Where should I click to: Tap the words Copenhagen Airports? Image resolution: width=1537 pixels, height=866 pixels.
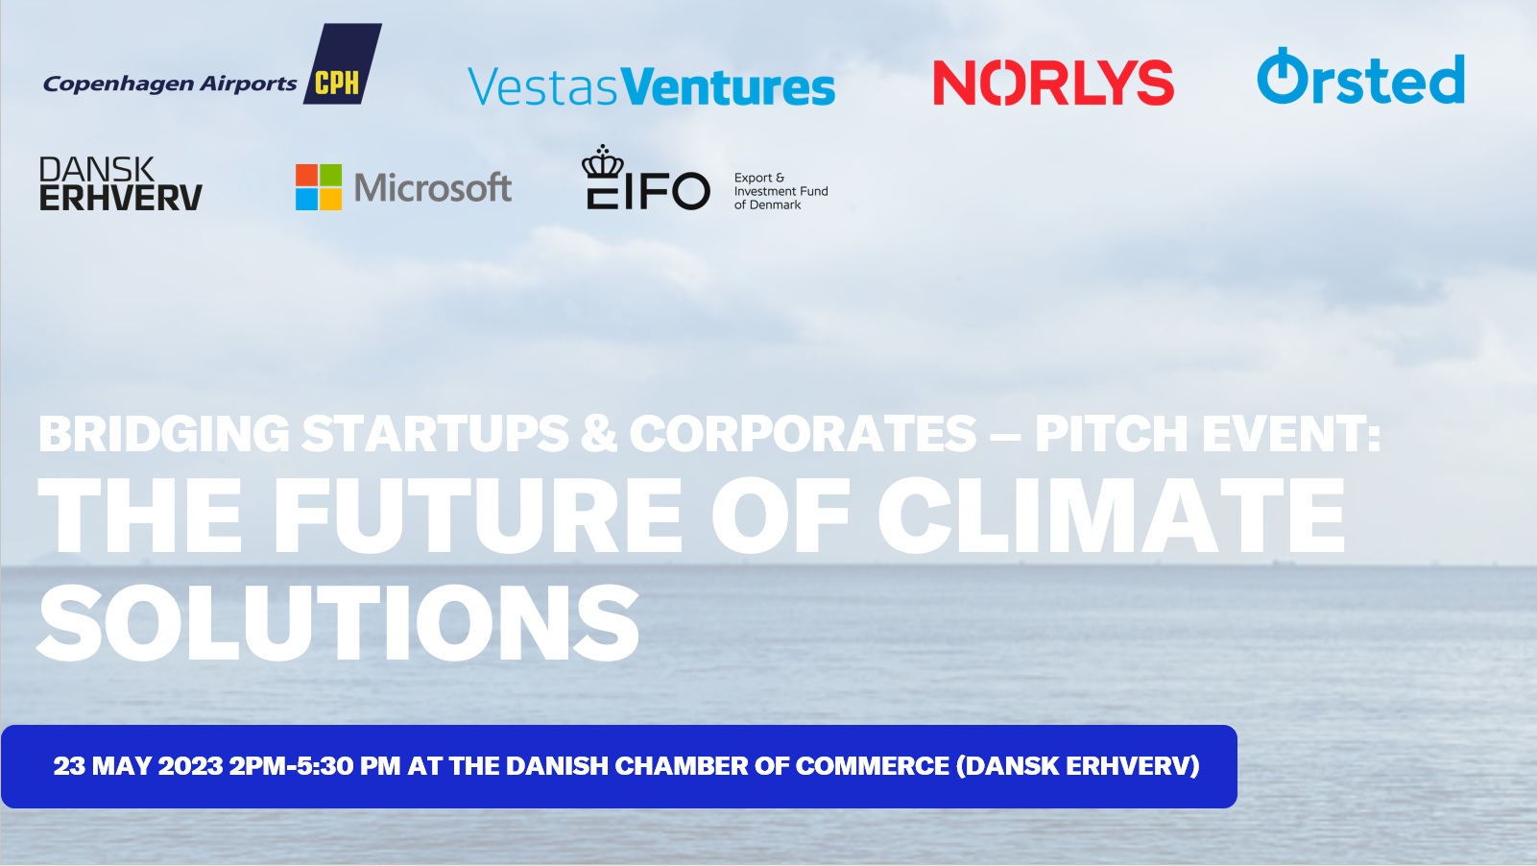click(170, 84)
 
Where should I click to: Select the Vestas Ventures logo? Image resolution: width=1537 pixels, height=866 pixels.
click(651, 86)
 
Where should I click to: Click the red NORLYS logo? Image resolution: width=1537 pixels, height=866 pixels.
click(1053, 83)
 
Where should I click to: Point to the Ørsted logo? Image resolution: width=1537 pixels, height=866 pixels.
click(1360, 77)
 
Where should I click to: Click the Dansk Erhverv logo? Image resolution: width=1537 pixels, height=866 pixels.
click(121, 183)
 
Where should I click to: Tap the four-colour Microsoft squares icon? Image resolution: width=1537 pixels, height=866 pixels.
click(319, 186)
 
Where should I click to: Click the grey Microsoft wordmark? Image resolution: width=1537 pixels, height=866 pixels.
click(433, 187)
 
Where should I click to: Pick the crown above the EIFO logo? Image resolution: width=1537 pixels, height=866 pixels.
click(603, 162)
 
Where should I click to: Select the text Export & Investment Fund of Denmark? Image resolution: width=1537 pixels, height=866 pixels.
click(781, 191)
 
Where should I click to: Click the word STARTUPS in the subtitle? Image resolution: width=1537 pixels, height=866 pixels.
click(435, 434)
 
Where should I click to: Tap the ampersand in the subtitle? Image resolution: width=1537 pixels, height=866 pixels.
click(599, 434)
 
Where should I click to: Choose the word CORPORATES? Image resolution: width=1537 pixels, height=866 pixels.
click(803, 434)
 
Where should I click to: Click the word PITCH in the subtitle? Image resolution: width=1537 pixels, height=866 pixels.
click(1111, 434)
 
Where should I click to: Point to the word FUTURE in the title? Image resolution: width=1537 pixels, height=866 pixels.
click(477, 516)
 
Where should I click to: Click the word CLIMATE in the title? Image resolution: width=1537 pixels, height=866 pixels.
click(1111, 516)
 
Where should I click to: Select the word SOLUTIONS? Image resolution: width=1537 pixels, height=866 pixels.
click(338, 622)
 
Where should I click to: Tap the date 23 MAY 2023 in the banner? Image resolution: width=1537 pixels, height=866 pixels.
click(138, 766)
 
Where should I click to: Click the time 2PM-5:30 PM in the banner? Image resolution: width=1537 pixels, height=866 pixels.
click(315, 766)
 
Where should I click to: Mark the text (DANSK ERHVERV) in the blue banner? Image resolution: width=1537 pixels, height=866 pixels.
click(1078, 766)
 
